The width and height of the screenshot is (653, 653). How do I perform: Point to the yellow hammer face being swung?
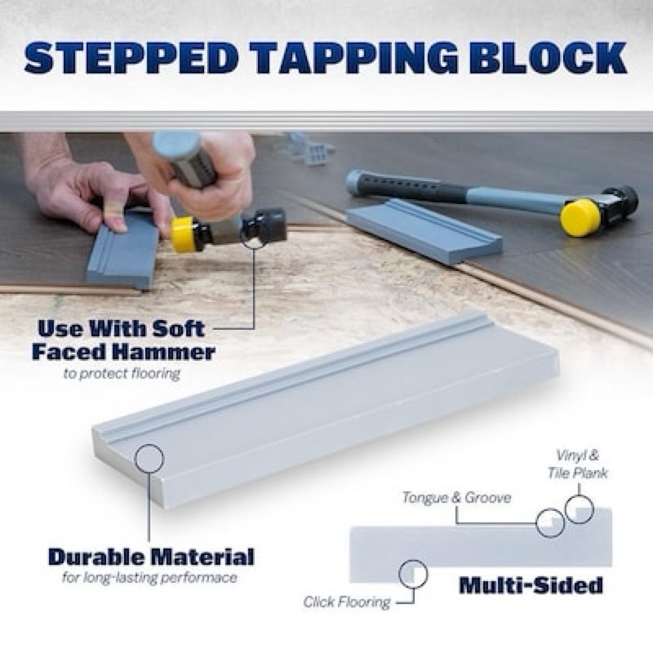182,234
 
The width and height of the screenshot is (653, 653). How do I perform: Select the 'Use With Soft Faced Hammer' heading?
123,340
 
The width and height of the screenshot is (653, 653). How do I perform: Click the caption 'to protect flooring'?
122,374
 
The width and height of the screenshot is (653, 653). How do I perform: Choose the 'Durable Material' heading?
151,557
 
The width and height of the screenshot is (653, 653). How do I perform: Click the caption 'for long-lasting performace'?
150,578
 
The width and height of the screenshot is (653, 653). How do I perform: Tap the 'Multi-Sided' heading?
531,585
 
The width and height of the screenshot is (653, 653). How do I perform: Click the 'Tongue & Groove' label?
456,498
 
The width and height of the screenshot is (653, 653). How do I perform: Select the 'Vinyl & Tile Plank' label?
578,464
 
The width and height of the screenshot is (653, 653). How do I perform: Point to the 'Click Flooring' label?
347,602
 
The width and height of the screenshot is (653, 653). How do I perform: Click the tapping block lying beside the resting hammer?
424,231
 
